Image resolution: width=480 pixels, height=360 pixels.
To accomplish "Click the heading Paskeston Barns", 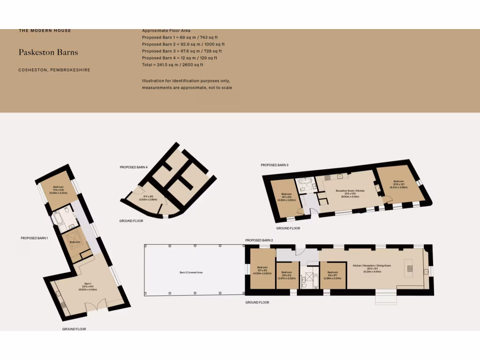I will (48, 52).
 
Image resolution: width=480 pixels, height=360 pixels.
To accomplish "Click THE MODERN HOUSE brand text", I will (45, 31).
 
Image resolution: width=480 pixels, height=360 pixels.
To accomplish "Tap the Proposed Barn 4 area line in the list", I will (180, 58).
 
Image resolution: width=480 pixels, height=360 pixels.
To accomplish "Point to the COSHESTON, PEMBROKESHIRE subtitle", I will (54, 70).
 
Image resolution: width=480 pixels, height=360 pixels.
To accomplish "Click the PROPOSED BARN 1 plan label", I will (34, 238).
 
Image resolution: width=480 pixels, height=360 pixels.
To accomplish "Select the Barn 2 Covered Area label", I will (191, 272).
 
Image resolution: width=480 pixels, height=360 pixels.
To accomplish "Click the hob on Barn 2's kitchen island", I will (410, 269).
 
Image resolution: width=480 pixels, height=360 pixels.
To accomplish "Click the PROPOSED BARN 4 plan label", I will (134, 167).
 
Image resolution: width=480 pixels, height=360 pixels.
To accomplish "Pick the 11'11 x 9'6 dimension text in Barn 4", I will (148, 197).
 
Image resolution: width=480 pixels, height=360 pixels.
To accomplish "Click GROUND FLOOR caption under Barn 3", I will (288, 228).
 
